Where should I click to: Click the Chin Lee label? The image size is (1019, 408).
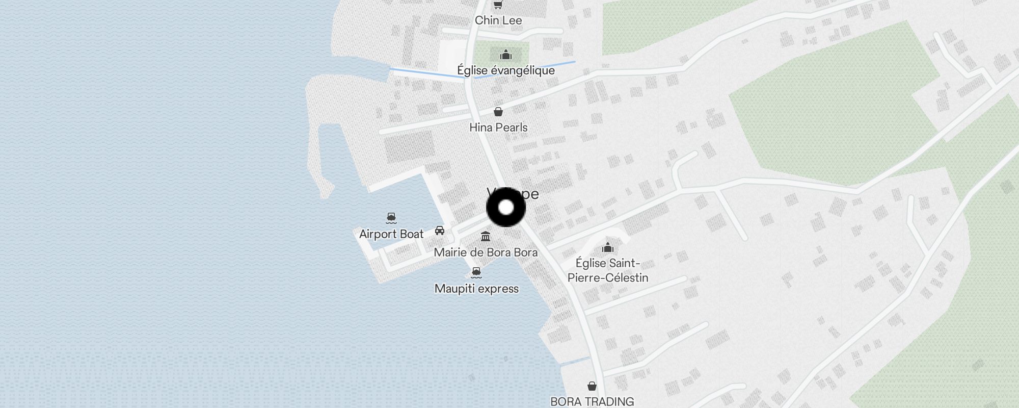(498, 20)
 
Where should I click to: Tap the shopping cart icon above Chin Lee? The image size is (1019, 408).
(498, 5)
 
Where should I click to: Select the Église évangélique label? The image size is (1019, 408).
(505, 70)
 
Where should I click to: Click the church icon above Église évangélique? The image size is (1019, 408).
(505, 55)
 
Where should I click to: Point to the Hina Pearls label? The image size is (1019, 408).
(498, 127)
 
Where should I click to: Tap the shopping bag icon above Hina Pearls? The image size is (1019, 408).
(498, 112)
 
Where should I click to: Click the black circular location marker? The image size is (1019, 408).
(506, 208)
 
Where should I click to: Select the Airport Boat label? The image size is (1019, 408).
(391, 234)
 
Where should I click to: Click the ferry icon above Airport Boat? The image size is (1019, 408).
(391, 218)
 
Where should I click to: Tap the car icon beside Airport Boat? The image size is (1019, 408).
(440, 231)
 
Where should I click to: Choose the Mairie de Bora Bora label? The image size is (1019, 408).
(486, 252)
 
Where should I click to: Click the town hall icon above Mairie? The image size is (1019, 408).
(486, 237)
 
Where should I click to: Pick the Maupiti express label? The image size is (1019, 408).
(476, 289)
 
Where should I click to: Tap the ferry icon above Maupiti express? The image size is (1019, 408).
(476, 272)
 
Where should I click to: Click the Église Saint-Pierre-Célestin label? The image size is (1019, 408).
(608, 270)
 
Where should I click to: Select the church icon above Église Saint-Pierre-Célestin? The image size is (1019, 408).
(607, 248)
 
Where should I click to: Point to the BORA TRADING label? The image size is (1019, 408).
(592, 401)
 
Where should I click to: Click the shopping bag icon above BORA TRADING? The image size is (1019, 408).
(592, 386)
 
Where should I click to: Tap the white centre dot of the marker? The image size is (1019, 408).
(506, 208)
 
